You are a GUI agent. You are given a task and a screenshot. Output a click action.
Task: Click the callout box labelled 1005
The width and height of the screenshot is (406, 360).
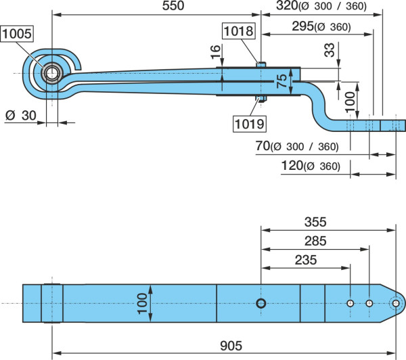[x=17, y=34]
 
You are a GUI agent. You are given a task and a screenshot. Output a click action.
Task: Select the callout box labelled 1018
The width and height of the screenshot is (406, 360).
[x=238, y=31]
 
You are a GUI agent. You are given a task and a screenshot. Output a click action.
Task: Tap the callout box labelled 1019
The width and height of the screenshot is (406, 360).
[x=250, y=124]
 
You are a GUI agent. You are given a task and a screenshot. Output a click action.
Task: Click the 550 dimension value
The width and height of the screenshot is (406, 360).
[x=173, y=5]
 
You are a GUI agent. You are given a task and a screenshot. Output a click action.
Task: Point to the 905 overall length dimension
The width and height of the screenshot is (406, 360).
[x=231, y=346]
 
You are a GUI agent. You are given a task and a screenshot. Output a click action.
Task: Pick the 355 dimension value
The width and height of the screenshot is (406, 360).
[x=315, y=222]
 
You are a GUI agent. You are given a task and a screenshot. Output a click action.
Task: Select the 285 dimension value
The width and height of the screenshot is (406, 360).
[x=315, y=241]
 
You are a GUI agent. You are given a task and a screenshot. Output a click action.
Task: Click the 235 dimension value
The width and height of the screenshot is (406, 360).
[x=306, y=260]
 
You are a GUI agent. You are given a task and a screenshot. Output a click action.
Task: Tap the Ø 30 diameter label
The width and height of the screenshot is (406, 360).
[x=21, y=116]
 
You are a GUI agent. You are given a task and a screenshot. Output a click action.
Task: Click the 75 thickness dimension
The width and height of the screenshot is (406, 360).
[x=281, y=81]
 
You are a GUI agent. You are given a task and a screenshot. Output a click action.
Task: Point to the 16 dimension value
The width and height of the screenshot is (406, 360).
[x=215, y=52]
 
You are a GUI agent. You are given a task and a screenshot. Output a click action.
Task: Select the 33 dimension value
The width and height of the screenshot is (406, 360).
[x=330, y=50]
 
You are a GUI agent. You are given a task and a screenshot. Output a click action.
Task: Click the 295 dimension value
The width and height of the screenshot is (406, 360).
[x=303, y=26]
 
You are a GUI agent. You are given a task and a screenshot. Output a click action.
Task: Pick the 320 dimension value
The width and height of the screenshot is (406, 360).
[x=287, y=5]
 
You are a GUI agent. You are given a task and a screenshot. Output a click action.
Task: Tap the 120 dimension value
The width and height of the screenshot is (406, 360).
[x=292, y=166]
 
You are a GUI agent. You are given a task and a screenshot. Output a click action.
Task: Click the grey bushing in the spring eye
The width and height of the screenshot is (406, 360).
[x=52, y=73]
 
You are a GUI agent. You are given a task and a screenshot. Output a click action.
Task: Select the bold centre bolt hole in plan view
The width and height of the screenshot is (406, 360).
[x=261, y=303]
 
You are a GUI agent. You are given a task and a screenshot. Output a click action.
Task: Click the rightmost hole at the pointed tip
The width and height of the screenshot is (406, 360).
[x=396, y=303]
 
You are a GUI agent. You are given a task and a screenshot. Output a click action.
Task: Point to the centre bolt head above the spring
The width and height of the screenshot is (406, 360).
[x=261, y=64]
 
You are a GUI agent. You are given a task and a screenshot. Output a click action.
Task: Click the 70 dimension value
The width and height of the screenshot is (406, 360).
[x=263, y=145]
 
